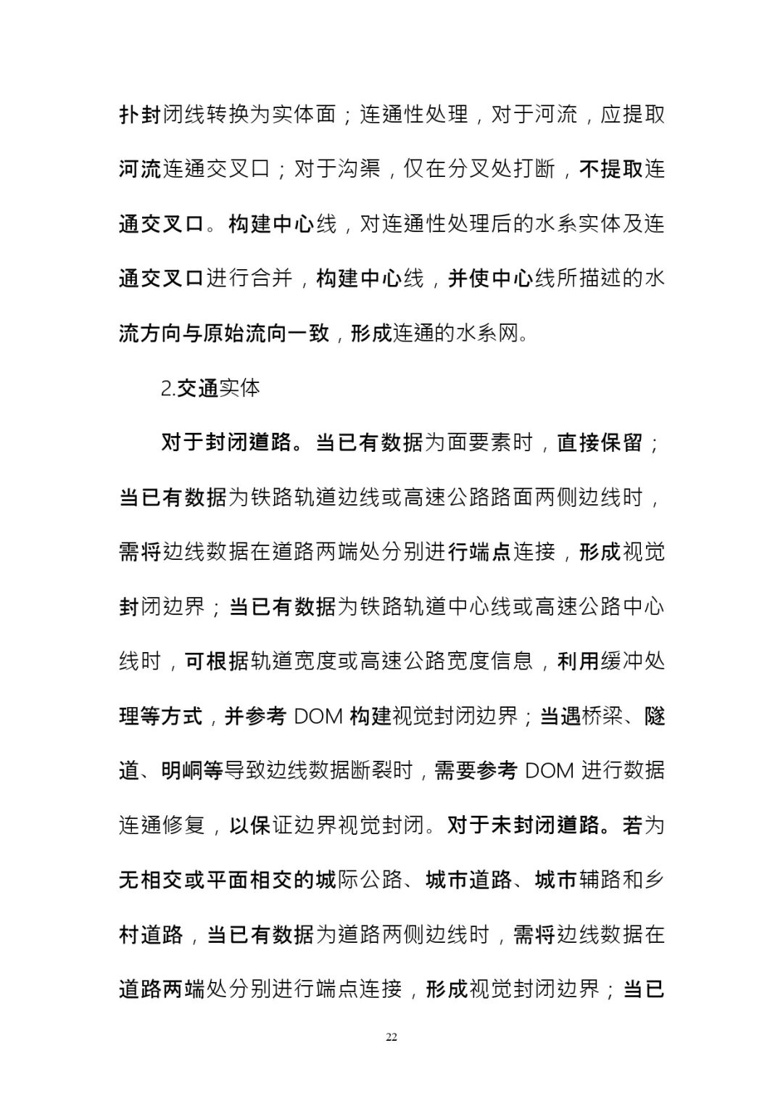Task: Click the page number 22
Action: pyautogui.click(x=391, y=1037)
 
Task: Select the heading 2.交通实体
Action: pyautogui.click(x=210, y=388)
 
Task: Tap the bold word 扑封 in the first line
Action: pyautogui.click(x=140, y=115)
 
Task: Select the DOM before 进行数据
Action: pyautogui.click(x=549, y=770)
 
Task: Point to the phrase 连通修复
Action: pyautogui.click(x=162, y=825)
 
